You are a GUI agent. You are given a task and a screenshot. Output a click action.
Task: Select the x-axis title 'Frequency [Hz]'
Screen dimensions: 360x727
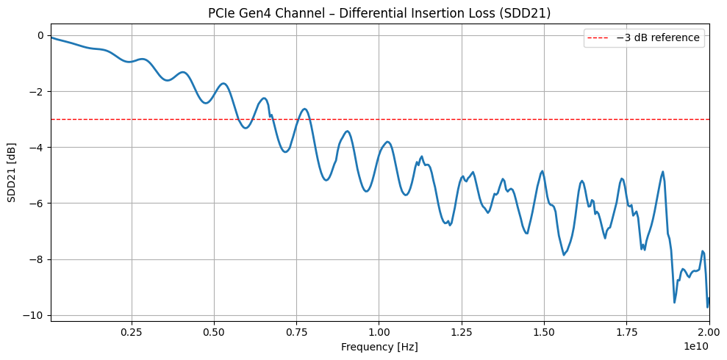tap(379, 346)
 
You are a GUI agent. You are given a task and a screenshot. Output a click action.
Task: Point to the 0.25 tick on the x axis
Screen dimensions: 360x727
tap(132, 332)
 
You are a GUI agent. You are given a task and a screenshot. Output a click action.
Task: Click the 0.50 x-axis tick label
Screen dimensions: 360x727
tap(214, 332)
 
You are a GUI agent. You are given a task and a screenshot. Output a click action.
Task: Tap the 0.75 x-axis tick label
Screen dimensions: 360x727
tap(296, 332)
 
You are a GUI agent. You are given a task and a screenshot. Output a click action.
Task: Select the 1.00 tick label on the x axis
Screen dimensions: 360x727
tap(379, 332)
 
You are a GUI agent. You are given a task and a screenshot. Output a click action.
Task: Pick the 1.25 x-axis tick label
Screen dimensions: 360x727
tap(462, 332)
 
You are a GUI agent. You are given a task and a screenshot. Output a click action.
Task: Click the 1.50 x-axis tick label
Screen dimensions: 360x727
tap(544, 332)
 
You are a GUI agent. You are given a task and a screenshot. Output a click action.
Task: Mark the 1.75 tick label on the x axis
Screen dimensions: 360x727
tap(627, 332)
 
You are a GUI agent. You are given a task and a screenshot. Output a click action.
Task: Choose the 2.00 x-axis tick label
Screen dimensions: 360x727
tap(709, 332)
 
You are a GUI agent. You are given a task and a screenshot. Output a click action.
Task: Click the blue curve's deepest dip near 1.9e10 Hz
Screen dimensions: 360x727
tap(674, 302)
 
